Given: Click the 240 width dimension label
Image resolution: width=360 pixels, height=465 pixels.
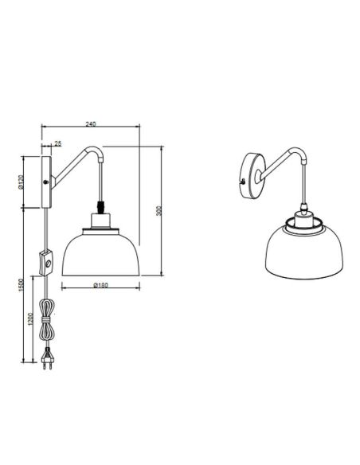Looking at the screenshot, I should [90, 124].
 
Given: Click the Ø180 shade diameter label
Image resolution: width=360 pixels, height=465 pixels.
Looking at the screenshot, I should [100, 284].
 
